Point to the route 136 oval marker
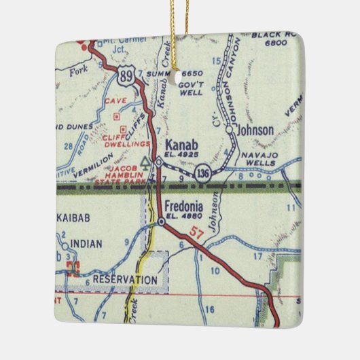pyautogui.click(x=203, y=174)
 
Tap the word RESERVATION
pyautogui.click(x=125, y=279)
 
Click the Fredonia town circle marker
pyautogui.click(x=161, y=221)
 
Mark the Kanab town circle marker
pyautogui.click(x=158, y=162)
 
